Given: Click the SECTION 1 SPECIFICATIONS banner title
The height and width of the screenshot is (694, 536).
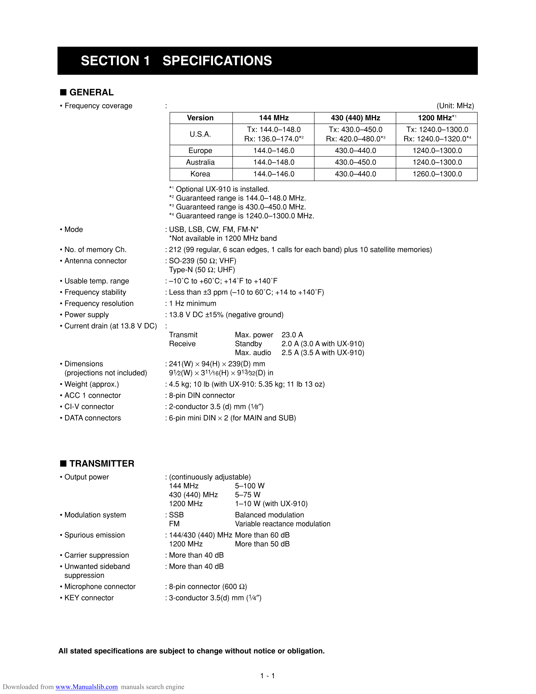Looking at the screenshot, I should (x=176, y=61).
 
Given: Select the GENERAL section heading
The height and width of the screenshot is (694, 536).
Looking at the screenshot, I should (x=91, y=92).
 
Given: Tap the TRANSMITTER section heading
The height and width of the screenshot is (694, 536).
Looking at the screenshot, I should (x=102, y=463).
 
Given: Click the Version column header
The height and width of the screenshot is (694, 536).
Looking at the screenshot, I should (x=200, y=118).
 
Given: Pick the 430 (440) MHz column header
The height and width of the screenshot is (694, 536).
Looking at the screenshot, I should (x=355, y=118).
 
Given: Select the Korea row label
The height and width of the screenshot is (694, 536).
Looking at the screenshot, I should (x=200, y=174).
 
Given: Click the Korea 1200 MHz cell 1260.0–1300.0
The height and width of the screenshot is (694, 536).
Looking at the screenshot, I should (x=437, y=174).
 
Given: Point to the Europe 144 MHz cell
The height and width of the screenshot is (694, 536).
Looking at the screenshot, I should (x=274, y=150).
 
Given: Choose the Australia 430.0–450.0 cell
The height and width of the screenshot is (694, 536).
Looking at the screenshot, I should (x=355, y=162).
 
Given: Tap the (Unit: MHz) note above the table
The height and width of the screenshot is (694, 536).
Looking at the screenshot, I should (x=455, y=106).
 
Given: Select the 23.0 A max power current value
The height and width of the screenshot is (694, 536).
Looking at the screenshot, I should (x=292, y=335).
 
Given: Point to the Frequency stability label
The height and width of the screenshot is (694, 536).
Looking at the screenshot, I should (x=95, y=292).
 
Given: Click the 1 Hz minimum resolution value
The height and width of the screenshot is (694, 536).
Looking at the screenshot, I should (x=192, y=303).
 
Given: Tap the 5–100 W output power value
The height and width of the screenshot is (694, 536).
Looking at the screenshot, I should (x=250, y=486).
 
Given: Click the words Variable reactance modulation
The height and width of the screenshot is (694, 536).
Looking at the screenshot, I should (x=283, y=524).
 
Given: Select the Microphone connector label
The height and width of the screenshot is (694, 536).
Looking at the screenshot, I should (x=100, y=586).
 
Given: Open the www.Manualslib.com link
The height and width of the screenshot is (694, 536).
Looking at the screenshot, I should (x=86, y=687).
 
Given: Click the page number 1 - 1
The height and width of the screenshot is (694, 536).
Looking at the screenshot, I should (x=267, y=676).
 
